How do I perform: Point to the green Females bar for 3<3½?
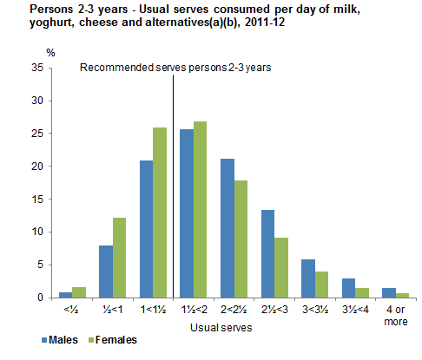click(322, 285)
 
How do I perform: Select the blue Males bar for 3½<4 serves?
click(348, 288)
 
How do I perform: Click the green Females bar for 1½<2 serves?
click(201, 209)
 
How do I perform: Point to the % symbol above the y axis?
click(50, 53)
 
